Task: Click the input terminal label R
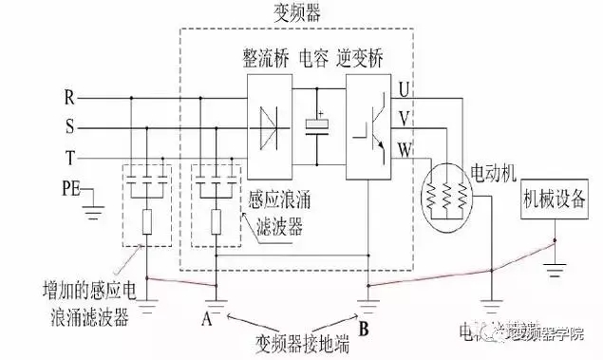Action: (x=68, y=97)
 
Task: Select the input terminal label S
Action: (x=68, y=126)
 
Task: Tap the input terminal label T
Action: (x=68, y=156)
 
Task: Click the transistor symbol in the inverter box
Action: (x=370, y=124)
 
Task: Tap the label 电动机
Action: (x=495, y=174)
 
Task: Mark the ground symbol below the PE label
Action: (x=94, y=201)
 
